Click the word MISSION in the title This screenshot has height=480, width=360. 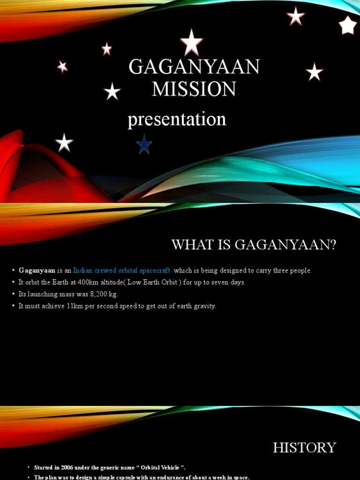(x=194, y=89)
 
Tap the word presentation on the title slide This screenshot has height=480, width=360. (x=177, y=120)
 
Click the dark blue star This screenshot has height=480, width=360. (x=144, y=145)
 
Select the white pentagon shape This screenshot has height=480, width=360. (x=348, y=25)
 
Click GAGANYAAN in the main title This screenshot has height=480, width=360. (x=194, y=67)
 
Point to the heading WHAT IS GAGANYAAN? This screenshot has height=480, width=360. (x=254, y=245)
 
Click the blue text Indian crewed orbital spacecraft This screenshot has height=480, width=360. (x=122, y=271)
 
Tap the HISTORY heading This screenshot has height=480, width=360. (x=305, y=448)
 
